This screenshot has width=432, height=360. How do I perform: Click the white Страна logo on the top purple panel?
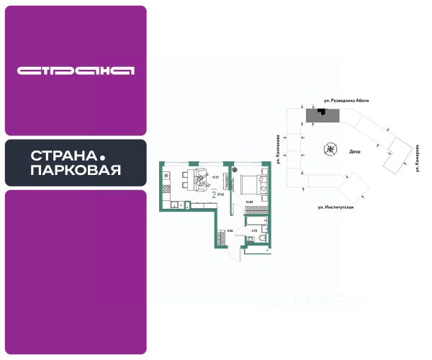[x=76, y=71]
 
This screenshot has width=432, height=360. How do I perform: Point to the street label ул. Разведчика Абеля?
[x=345, y=102]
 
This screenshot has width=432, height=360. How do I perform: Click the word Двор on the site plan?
[x=354, y=153]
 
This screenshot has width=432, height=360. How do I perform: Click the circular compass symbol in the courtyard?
[x=330, y=150]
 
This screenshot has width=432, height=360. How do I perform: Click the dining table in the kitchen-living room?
[x=194, y=181]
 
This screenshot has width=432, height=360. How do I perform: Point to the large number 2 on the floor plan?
[x=214, y=194]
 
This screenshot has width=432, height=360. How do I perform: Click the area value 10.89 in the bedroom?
[x=249, y=203]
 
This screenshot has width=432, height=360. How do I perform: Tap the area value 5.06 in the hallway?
[x=230, y=231]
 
